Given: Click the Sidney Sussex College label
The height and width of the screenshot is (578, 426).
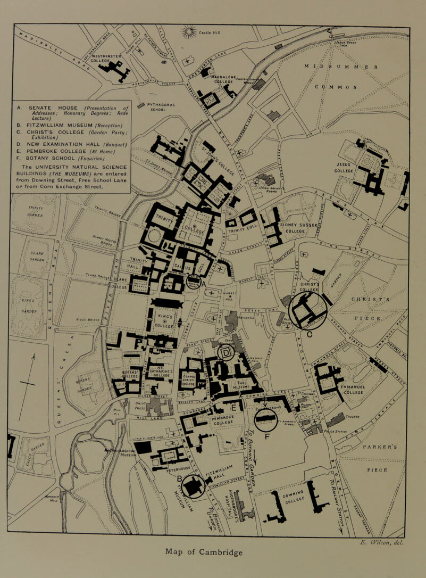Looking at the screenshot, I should [302, 228].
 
